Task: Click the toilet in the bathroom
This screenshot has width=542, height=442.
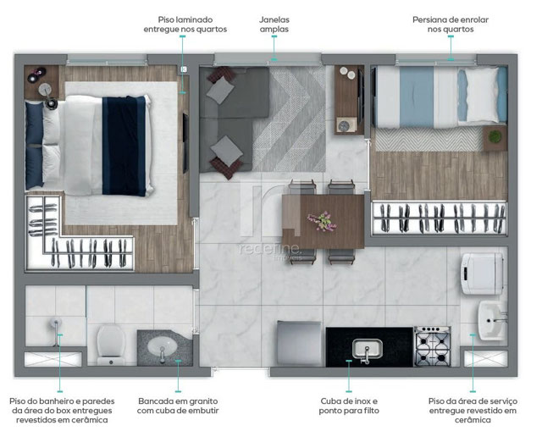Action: [111, 345]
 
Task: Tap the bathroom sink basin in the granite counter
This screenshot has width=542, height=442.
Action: [162, 346]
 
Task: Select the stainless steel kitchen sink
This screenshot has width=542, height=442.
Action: [367, 349]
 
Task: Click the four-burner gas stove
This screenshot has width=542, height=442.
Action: [433, 346]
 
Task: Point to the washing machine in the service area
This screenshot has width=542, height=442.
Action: [482, 273]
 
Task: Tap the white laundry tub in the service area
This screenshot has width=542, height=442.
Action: [492, 320]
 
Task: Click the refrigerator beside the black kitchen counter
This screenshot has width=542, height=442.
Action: [299, 343]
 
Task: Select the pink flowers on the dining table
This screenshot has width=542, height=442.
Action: [322, 221]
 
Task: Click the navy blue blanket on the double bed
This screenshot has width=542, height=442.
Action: [124, 146]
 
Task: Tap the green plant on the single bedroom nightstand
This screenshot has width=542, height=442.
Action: [495, 136]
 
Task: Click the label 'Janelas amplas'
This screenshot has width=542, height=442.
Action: [274, 25]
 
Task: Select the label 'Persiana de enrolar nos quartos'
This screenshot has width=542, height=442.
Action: [451, 25]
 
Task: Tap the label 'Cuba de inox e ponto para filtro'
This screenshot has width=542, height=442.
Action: [349, 406]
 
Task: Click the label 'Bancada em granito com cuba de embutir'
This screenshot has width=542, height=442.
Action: [178, 406]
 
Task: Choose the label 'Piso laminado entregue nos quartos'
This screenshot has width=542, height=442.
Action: [185, 25]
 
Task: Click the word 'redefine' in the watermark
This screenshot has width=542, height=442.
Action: [269, 248]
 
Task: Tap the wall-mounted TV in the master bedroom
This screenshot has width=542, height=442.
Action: [185, 142]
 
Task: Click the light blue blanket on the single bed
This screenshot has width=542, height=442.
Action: [417, 97]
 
